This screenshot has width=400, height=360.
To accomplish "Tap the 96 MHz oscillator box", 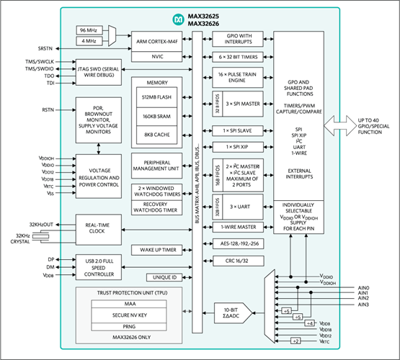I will [90, 30].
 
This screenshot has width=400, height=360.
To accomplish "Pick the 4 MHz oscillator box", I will [90, 41].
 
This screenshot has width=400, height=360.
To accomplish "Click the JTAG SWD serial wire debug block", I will [98, 72].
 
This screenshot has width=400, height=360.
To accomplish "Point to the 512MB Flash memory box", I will [157, 98].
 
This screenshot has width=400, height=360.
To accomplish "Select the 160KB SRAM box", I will [157, 115].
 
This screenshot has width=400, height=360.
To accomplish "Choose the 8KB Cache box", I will [157, 133].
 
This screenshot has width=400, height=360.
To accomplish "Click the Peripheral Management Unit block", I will [157, 166].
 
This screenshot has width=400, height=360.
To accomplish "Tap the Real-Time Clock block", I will [98, 228].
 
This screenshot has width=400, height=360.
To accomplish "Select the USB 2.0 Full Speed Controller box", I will [98, 269].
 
